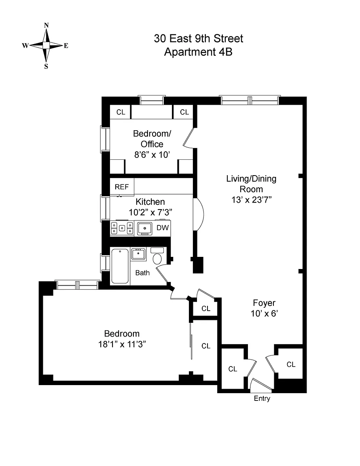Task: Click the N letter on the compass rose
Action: (x=47, y=25)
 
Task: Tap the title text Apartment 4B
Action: (x=198, y=52)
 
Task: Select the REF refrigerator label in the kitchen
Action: (x=121, y=187)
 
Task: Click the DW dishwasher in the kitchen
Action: (x=163, y=228)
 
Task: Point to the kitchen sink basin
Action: (x=144, y=229)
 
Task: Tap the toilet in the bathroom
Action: (x=157, y=258)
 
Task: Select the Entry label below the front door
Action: (x=262, y=399)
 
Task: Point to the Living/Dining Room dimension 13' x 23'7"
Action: (x=251, y=199)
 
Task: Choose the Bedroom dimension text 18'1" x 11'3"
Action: (x=122, y=344)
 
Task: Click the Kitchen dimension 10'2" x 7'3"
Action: (x=150, y=212)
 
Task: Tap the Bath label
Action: (x=142, y=273)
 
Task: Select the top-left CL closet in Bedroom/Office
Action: (x=121, y=112)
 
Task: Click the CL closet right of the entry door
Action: (x=291, y=364)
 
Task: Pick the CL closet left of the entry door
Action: (x=232, y=369)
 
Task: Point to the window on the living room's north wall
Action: (x=250, y=98)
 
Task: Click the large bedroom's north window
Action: (x=77, y=285)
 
